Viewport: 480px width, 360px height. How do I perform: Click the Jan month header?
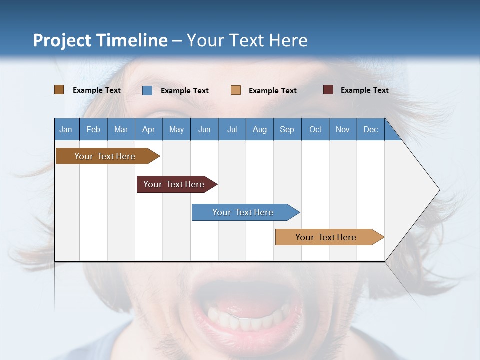66,129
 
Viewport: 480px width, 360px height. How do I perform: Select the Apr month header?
148,129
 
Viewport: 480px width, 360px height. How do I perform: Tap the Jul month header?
232,129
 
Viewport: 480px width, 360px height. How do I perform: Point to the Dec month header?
370,129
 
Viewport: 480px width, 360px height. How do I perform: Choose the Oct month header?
315,129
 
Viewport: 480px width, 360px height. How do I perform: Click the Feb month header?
93,129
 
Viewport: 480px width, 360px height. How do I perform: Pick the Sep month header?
287,129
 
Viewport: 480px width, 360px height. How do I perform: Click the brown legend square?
59,90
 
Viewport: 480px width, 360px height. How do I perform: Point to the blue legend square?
147,90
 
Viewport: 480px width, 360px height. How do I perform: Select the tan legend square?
235,90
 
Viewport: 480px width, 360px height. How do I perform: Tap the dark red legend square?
328,90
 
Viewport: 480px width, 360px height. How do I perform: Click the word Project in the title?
62,40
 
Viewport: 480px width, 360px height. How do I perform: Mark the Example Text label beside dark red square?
364,90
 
